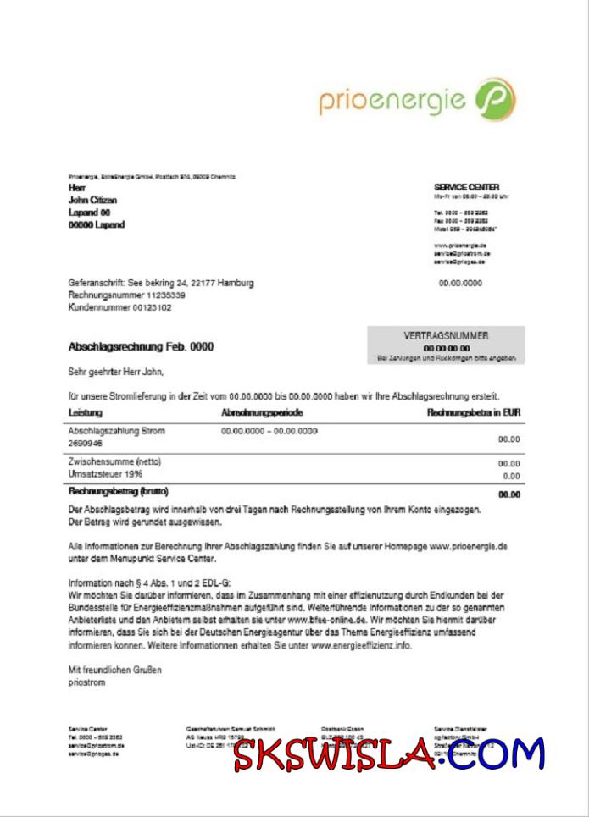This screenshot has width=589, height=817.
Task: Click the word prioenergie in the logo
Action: [x=392, y=101]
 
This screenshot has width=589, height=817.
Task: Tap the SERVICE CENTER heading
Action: [x=466, y=187]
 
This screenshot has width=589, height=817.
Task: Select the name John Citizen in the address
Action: [x=92, y=200]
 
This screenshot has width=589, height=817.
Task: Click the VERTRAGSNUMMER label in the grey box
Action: [x=446, y=336]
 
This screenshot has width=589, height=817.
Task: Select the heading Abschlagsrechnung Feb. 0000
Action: [x=141, y=347]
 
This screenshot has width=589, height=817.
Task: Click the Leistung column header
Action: [x=85, y=412]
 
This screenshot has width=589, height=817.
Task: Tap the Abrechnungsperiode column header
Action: [x=262, y=412]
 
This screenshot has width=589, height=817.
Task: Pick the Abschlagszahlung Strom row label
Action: [x=116, y=431]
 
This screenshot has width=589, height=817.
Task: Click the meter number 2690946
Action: [x=85, y=443]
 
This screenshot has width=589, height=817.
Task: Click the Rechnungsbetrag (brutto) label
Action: [x=118, y=491]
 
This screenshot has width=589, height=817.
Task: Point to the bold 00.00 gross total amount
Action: [x=508, y=494]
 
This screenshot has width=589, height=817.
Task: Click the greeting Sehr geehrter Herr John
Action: [x=115, y=371]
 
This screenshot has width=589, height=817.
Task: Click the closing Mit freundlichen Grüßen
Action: [x=114, y=670]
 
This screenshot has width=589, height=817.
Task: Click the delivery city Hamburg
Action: [x=235, y=283]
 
